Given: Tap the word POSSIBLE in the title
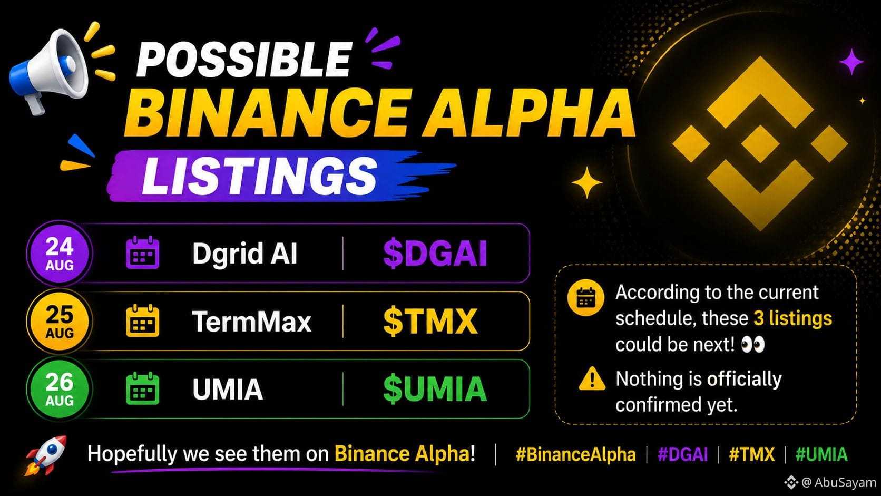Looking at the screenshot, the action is coord(244,59).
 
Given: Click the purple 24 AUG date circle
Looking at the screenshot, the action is coord(60,253).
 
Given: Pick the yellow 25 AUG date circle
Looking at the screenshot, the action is coord(60,321).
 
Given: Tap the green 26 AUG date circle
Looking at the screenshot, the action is coord(60,389).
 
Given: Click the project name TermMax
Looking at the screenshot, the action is coord(252,322).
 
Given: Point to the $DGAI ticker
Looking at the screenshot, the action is coord(435,254).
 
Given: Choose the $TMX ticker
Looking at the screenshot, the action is coord(430,322).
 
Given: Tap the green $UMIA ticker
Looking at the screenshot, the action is coord(435,389).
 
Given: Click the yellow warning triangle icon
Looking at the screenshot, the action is coord(592,379).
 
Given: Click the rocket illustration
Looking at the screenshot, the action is coord(46,455).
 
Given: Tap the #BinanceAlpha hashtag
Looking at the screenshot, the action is coord(576,454).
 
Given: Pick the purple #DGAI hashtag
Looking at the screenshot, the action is coord(683,454).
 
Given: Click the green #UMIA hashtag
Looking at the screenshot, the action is coord(821,454).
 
